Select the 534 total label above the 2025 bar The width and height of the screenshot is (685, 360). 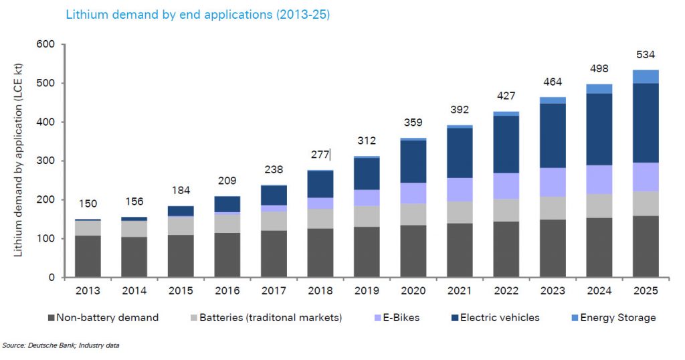[x=646, y=55]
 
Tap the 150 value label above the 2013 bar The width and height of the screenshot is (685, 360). [x=88, y=203]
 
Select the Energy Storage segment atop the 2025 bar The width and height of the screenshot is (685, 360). [x=646, y=76]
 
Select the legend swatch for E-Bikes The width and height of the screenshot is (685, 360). [x=373, y=318]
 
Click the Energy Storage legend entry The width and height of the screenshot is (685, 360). [x=616, y=318]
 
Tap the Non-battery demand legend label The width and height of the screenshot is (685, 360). [x=107, y=318]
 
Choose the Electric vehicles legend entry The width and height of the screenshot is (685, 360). [x=498, y=318]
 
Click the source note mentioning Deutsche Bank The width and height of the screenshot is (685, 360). [x=61, y=345]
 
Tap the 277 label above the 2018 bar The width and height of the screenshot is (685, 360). [x=320, y=155]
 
